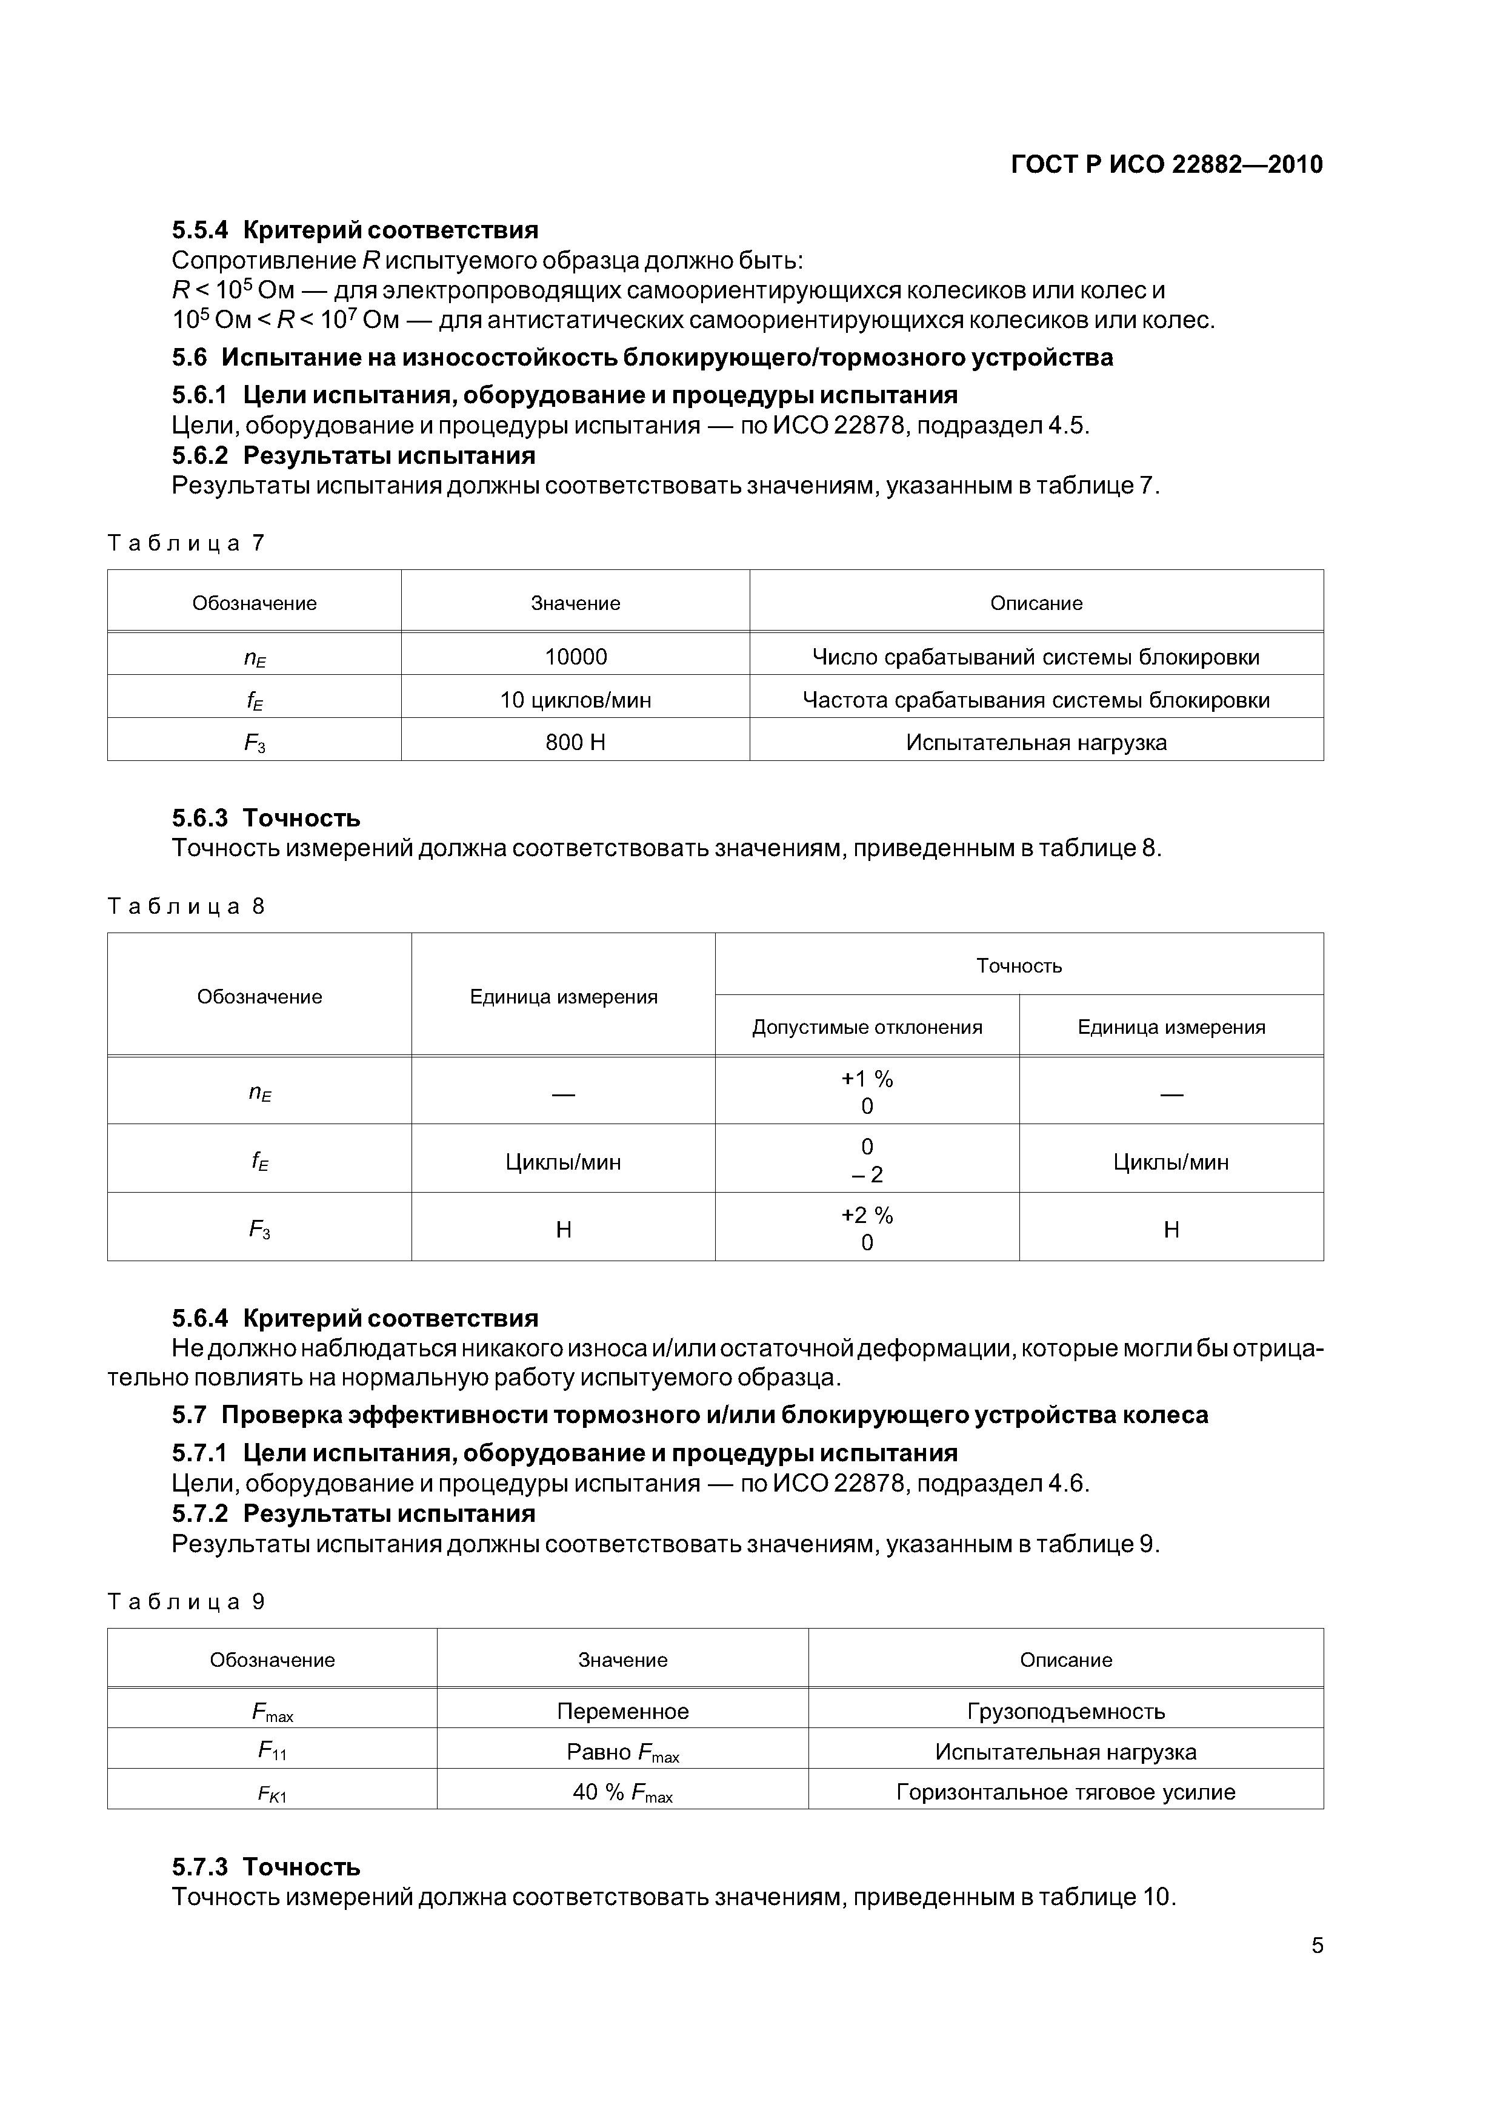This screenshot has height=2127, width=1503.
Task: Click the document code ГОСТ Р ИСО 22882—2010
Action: tap(1166, 165)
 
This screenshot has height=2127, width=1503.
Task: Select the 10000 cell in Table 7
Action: tap(575, 657)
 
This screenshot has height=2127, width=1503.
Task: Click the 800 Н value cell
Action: tap(575, 742)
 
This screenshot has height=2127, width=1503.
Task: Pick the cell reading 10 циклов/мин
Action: tap(575, 700)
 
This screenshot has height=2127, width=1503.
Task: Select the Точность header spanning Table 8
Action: tap(1019, 965)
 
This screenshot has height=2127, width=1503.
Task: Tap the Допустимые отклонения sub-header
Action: tap(867, 1027)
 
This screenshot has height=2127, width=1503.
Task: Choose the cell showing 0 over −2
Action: tap(867, 1161)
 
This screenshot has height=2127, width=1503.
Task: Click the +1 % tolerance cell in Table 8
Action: tap(867, 1092)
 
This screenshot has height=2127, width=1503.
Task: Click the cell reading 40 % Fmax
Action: tap(622, 1792)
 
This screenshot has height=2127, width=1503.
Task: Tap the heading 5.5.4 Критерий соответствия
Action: tap(355, 230)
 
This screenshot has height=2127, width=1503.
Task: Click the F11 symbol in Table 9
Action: tap(272, 1751)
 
